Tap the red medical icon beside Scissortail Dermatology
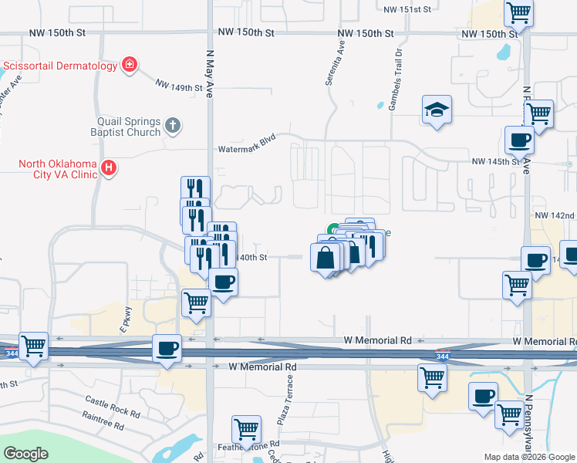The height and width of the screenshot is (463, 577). tap(130, 66)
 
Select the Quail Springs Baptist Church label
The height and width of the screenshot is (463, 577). tap(129, 127)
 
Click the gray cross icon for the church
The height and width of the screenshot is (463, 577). tap(173, 124)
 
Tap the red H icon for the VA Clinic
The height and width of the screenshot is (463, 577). tap(110, 167)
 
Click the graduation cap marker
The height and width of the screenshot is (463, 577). tap(436, 110)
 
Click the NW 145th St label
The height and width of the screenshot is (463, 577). tap(497, 162)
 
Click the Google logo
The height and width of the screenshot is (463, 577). tap(26, 454)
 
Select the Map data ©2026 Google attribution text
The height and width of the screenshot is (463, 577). tap(528, 457)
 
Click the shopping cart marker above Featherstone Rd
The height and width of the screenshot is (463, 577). tap(246, 428)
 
